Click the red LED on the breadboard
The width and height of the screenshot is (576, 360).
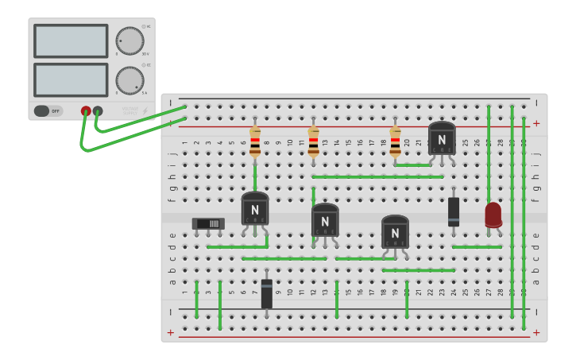tap(493, 214)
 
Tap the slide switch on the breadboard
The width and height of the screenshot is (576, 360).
tap(208, 223)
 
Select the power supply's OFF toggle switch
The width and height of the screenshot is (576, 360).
tap(48, 111)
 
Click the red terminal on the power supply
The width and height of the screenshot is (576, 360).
tap(86, 111)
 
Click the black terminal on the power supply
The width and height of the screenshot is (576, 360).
tap(98, 111)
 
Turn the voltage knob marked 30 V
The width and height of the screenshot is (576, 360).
tap(130, 41)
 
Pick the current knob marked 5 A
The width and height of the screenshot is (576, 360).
tap(130, 79)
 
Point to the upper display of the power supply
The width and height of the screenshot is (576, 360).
tap(71, 41)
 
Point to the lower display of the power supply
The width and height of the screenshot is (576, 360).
tap(71, 79)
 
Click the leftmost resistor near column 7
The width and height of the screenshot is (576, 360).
tap(255, 141)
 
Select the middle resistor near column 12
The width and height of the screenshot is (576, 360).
tap(314, 141)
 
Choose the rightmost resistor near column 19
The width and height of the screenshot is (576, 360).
tap(395, 141)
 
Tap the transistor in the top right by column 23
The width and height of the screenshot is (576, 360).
tap(442, 138)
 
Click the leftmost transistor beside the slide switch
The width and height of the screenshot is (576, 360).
tap(255, 209)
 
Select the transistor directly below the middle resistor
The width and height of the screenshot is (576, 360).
tap(325, 220)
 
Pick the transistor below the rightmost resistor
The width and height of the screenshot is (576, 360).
tap(395, 231)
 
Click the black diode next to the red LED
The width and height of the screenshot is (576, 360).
tap(454, 211)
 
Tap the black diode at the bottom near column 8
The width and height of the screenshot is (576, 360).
tap(267, 293)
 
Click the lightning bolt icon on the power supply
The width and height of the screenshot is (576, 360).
tap(145, 110)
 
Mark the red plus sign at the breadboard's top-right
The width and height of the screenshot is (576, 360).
tap(536, 123)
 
